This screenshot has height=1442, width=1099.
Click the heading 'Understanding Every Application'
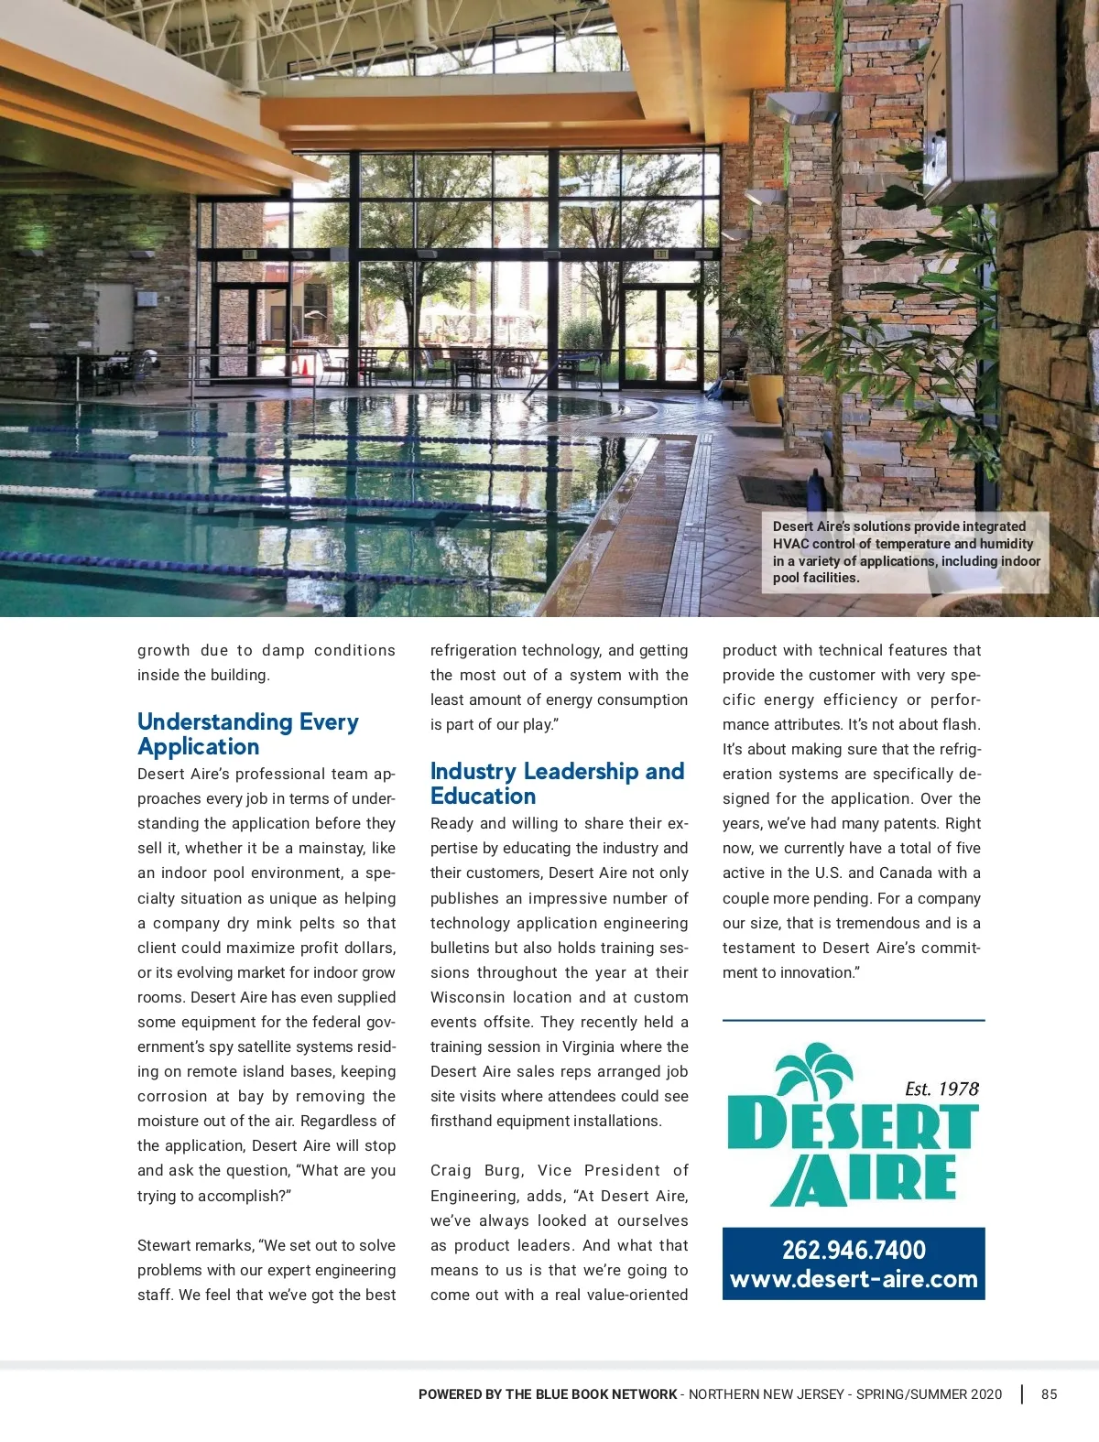[247, 734]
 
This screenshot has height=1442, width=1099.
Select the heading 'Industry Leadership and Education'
[557, 784]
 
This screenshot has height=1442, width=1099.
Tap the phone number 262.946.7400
[854, 1250]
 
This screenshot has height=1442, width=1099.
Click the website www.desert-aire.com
[854, 1279]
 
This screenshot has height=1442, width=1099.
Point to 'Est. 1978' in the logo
[941, 1089]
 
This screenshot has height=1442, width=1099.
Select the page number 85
[1049, 1394]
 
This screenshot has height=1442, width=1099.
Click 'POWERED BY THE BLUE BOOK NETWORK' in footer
[548, 1394]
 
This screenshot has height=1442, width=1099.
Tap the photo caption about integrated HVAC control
[906, 552]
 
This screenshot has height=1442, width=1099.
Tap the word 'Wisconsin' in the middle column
[467, 997]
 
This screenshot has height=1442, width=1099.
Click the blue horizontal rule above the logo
[854, 1020]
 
